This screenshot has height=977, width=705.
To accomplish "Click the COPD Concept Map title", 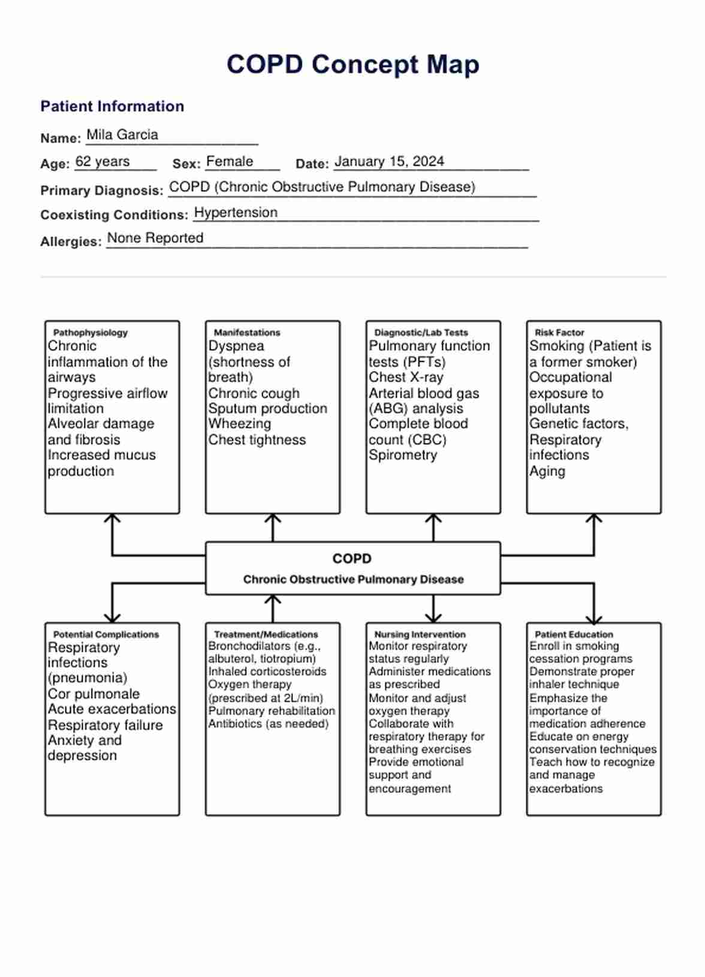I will click(352, 65).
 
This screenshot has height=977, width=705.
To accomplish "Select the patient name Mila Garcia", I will click(122, 135).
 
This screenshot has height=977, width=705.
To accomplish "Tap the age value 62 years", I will click(103, 162).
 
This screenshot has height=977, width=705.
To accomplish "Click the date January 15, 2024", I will click(389, 162).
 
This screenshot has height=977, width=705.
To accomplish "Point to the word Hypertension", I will click(236, 213).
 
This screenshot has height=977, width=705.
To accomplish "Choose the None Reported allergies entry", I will click(155, 239).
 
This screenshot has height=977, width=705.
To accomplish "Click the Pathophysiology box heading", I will click(91, 333).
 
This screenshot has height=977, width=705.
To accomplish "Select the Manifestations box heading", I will click(247, 333).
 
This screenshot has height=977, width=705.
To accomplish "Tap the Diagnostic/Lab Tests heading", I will click(421, 333).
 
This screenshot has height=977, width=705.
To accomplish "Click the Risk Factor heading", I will click(559, 333).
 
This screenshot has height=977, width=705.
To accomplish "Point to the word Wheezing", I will click(240, 424).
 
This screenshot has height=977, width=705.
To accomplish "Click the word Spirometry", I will click(403, 455).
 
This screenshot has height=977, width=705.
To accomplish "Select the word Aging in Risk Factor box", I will click(547, 471).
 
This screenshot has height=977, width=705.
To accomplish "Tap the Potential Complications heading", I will click(106, 634).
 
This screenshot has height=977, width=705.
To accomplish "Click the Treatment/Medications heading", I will click(266, 634).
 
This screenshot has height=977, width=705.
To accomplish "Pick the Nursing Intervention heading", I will click(420, 634).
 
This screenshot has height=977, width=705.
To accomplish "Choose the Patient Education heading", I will click(574, 634).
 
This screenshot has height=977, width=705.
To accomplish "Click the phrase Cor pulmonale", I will click(94, 694).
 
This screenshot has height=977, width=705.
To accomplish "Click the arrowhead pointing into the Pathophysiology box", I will click(112, 517).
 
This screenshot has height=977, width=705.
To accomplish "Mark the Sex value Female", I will click(230, 162).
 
